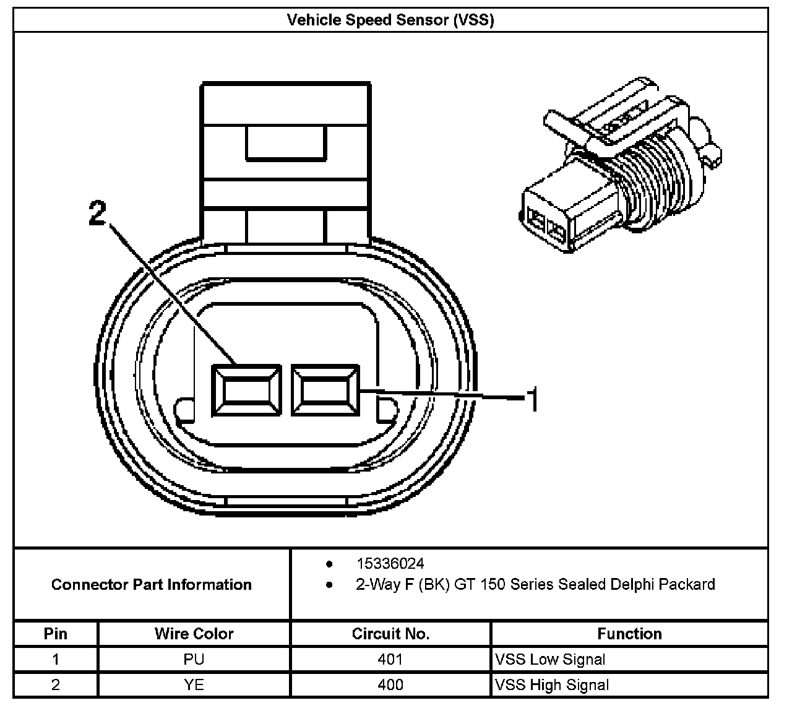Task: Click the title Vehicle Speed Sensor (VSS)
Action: pos(390,20)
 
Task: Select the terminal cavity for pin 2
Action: pos(247,391)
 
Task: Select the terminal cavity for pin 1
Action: pos(325,391)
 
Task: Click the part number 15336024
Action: pos(390,564)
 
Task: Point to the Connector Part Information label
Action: pos(152,585)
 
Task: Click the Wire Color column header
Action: pos(194,634)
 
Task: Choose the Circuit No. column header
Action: pos(390,634)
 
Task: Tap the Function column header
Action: pos(629,634)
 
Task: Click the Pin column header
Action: pos(56,634)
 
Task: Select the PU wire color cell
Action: pos(194,660)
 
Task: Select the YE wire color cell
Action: pos(194,685)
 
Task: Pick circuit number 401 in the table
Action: pos(390,660)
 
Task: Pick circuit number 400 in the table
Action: pos(390,685)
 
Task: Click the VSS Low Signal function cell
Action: pos(550,660)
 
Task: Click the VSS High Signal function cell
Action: pos(552,685)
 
